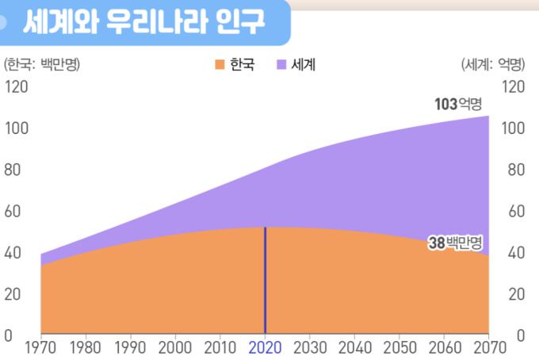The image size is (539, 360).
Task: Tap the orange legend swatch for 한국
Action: click(x=220, y=64)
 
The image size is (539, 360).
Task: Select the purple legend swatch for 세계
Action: click(x=281, y=64)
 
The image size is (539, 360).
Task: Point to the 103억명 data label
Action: click(x=457, y=104)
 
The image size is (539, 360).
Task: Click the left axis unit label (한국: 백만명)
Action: click(x=43, y=64)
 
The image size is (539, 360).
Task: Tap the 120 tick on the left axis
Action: click(x=16, y=86)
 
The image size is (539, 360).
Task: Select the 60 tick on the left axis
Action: click(x=13, y=211)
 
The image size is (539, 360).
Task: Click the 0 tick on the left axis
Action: click(x=9, y=335)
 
